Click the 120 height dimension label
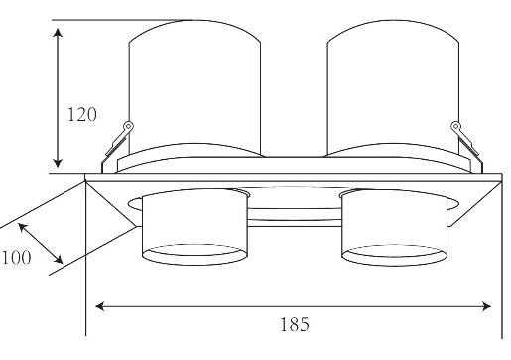point(82,115)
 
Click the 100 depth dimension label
point(17,257)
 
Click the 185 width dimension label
point(295,324)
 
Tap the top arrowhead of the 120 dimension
point(58,33)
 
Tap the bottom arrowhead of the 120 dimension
point(58,163)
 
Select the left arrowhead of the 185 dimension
point(100,306)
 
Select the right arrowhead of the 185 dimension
point(487,306)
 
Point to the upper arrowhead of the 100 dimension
point(23,227)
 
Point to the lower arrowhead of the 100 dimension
point(59,259)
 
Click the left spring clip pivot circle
point(128,126)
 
